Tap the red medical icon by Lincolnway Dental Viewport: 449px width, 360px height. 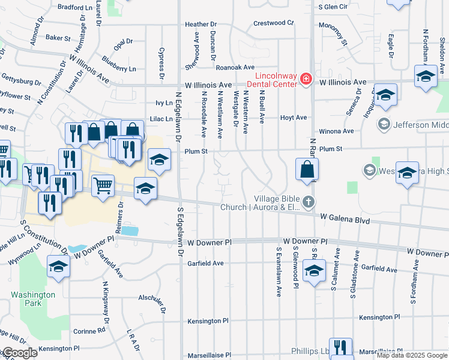[306, 79]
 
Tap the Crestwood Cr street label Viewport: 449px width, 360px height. [273, 23]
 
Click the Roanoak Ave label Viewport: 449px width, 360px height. [235, 68]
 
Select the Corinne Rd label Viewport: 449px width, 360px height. [89, 331]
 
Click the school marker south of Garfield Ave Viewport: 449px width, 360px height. [314, 271]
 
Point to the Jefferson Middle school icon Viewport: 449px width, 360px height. [384, 124]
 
